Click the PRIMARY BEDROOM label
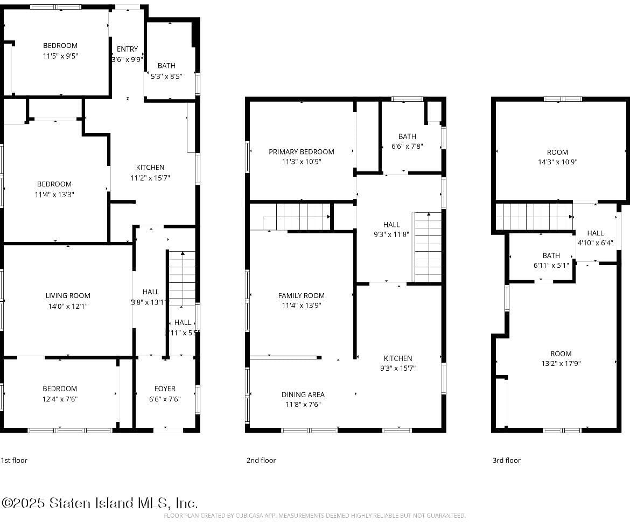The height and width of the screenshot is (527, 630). [x=302, y=152]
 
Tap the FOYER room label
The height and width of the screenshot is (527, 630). [x=165, y=389]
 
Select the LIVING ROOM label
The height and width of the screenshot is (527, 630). [x=68, y=295]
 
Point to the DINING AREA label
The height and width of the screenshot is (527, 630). [x=303, y=394]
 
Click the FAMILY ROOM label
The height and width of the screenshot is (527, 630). [x=302, y=295]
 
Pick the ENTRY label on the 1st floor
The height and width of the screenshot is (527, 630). [x=127, y=49]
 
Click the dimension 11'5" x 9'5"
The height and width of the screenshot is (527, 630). [x=60, y=56]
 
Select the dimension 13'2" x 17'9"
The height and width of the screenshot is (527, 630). [x=561, y=364]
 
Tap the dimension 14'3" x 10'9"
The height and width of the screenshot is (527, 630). [x=557, y=162]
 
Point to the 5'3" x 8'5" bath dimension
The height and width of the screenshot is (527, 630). [x=166, y=76]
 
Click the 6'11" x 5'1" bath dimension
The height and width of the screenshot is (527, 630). [x=551, y=265]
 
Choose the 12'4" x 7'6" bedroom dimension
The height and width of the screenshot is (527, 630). [x=60, y=399]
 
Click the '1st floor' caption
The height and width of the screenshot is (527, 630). [x=14, y=460]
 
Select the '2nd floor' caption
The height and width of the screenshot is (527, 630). [x=261, y=460]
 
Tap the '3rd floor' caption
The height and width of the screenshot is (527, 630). [x=507, y=460]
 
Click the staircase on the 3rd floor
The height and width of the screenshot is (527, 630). [x=533, y=217]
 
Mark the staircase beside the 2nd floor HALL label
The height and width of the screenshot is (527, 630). [x=428, y=247]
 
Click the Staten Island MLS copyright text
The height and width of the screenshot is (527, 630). [x=100, y=503]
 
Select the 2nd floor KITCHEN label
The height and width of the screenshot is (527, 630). [x=398, y=358]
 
